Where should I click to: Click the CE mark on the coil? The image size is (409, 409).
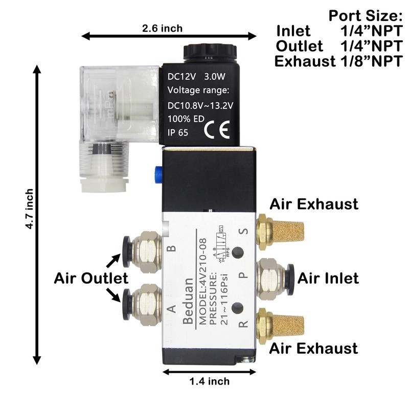pyautogui.click(x=214, y=131)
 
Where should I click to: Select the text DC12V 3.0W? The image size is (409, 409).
pyautogui.click(x=197, y=78)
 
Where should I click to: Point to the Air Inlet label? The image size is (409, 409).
pyautogui.click(x=328, y=278)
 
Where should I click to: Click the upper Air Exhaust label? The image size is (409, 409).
pyautogui.click(x=313, y=204)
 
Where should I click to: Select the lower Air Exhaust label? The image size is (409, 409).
pyautogui.click(x=313, y=349)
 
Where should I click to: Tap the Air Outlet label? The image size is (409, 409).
pyautogui.click(x=91, y=279)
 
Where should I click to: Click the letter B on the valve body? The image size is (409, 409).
pyautogui.click(x=172, y=248)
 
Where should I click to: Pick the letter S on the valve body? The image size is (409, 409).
pyautogui.click(x=244, y=233)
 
